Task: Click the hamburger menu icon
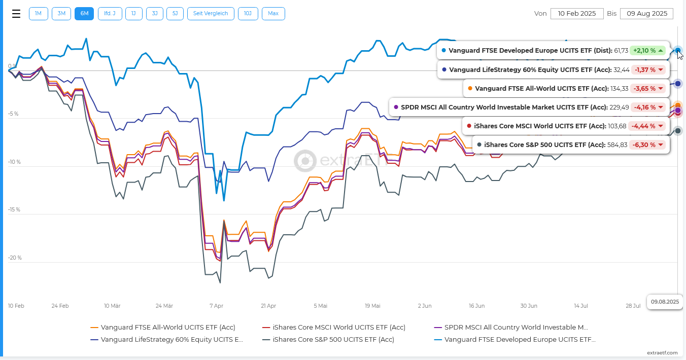pos(16,14)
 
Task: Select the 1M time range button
pos(38,14)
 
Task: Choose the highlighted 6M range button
pos(84,14)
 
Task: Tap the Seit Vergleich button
pos(211,14)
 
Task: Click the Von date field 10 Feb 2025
pos(577,14)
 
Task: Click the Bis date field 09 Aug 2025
pos(647,14)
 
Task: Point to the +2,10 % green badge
pos(648,51)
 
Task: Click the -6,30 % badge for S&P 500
pos(648,145)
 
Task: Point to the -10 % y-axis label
pos(14,162)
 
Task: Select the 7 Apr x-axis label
pos(217,306)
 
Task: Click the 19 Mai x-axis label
pos(372,306)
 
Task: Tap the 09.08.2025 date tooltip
pos(665,302)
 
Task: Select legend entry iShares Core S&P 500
pos(328,340)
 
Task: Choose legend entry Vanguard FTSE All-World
pos(163,327)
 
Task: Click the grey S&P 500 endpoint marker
pos(678,131)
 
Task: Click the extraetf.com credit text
pos(662,353)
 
